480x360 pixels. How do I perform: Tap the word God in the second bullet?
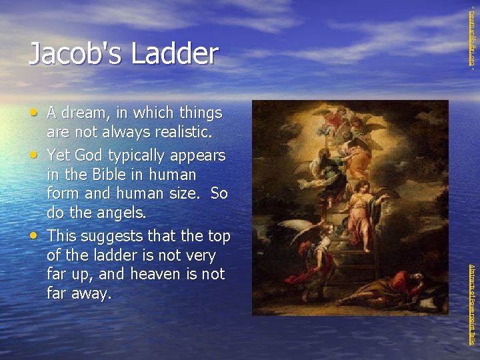[x=89, y=155]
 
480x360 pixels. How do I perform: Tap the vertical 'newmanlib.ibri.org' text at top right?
[x=473, y=37]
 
